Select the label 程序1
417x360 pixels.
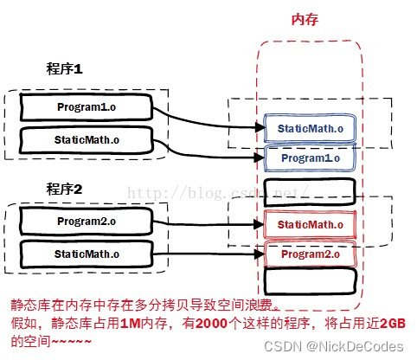(64, 69)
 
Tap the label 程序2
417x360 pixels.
(64, 189)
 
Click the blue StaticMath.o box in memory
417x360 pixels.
(309, 129)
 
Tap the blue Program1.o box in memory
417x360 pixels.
(309, 158)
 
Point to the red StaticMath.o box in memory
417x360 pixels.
(309, 225)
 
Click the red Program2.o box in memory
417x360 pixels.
(309, 254)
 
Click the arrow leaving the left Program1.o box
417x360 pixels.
(208, 118)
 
